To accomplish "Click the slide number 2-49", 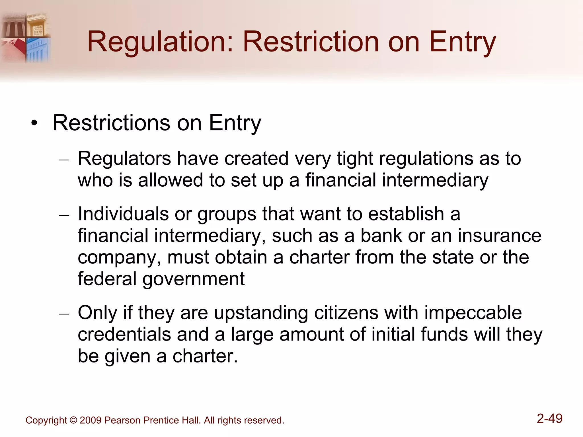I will [x=549, y=419].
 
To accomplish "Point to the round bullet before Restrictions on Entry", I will [x=34, y=123].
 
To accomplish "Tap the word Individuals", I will [x=123, y=214].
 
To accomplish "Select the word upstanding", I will [x=261, y=313].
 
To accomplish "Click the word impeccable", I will [x=473, y=313].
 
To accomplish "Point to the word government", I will [x=193, y=279].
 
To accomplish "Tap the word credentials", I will [x=124, y=334].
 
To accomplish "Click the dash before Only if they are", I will [x=64, y=314].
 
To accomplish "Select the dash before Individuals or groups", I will [x=64, y=215].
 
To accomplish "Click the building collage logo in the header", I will [x=26, y=37].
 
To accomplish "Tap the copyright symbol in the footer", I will [x=73, y=420].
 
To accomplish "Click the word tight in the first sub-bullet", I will [x=354, y=158].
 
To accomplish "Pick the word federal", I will [x=107, y=279].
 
